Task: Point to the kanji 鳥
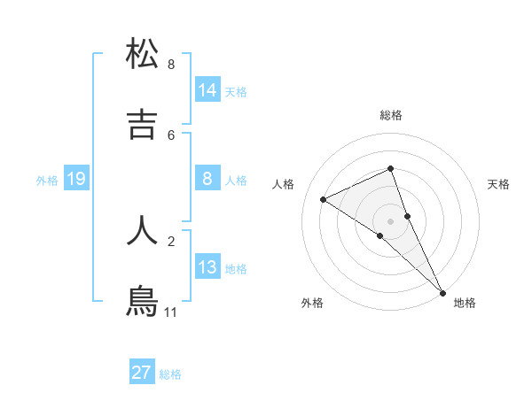(x=143, y=300)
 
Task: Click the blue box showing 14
(x=207, y=89)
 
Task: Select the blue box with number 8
(x=207, y=180)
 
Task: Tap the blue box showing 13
(x=207, y=267)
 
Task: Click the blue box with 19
(x=76, y=180)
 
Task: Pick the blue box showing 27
(x=142, y=373)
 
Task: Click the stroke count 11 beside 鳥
(x=171, y=312)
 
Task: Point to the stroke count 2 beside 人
(x=171, y=241)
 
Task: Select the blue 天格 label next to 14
(x=236, y=92)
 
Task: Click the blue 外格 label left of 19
(x=47, y=181)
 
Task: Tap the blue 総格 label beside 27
(x=170, y=374)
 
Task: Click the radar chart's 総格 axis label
(x=391, y=115)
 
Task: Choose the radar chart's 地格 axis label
(x=465, y=303)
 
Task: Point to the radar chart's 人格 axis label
(x=284, y=184)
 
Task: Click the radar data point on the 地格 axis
(x=442, y=291)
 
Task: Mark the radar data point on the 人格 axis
(x=324, y=199)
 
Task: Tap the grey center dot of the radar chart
(x=390, y=220)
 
